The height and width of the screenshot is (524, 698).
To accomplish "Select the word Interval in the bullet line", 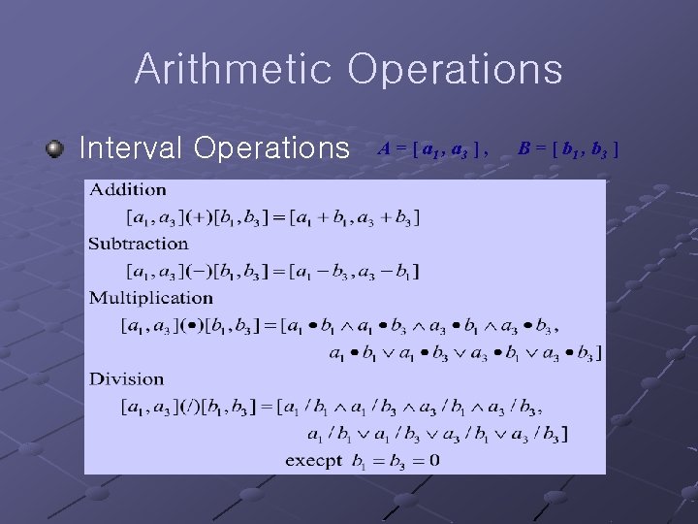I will pyautogui.click(x=131, y=147).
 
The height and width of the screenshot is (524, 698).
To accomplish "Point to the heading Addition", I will pyautogui.click(x=127, y=189).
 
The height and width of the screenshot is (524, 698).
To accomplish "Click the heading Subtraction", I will pyautogui.click(x=138, y=244).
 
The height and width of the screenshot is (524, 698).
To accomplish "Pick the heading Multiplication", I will pyautogui.click(x=150, y=298).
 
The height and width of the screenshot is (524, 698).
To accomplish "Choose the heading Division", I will pyautogui.click(x=126, y=378).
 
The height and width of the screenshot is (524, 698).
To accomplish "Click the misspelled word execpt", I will pyautogui.click(x=313, y=460).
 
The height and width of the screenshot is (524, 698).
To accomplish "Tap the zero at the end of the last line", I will pyautogui.click(x=433, y=460).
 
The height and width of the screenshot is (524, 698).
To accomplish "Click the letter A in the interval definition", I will pyautogui.click(x=384, y=148).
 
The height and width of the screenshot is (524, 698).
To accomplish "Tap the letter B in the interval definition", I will pyautogui.click(x=523, y=148).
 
